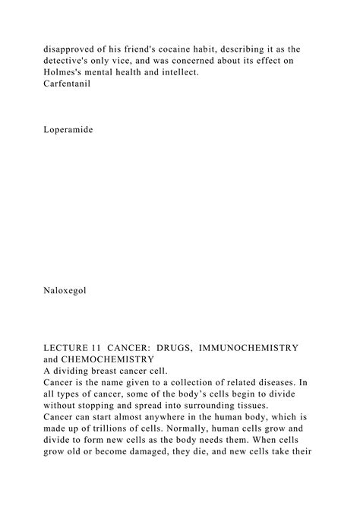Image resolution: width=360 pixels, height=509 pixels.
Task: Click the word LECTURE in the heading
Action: [x=71, y=347]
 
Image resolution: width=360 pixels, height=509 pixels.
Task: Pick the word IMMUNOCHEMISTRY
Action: [x=251, y=347]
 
